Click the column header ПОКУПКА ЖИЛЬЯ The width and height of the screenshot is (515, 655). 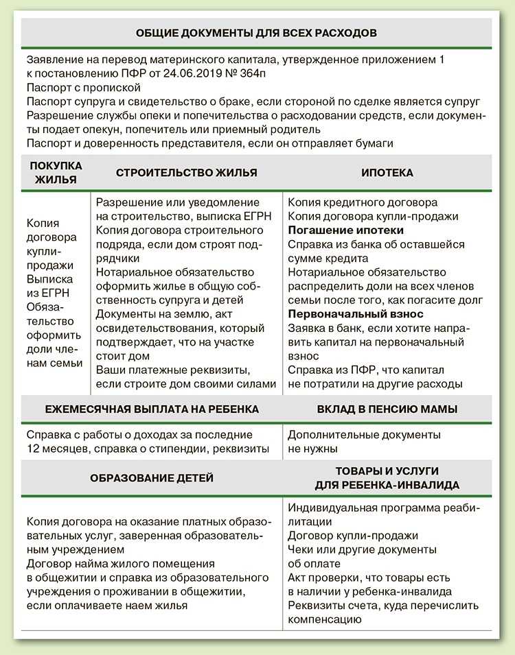(x=56, y=173)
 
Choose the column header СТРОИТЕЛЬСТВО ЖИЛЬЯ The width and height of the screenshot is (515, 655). (x=186, y=173)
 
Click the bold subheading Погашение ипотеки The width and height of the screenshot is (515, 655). (x=345, y=230)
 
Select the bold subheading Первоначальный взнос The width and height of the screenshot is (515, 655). (x=356, y=313)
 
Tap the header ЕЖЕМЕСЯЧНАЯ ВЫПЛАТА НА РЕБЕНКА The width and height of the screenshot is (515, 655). (x=152, y=409)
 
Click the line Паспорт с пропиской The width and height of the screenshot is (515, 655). (x=84, y=88)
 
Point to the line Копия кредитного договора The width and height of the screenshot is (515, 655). (x=362, y=203)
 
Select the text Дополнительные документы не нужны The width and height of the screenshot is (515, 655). (x=364, y=442)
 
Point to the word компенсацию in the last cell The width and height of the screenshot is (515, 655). (x=324, y=619)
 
